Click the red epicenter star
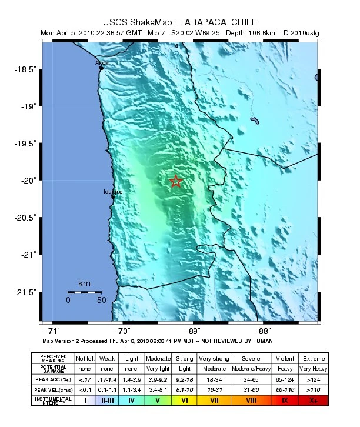(175, 182)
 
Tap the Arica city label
(102, 62)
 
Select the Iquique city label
(113, 192)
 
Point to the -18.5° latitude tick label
(25, 69)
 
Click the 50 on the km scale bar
(101, 300)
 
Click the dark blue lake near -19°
(255, 121)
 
